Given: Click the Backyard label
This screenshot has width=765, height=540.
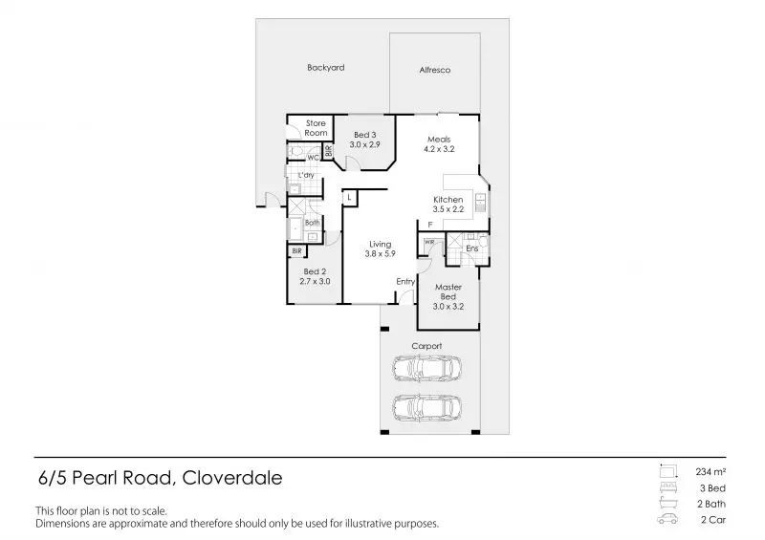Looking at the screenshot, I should point(325,68).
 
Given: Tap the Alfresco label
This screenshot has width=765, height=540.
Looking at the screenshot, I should point(435,71).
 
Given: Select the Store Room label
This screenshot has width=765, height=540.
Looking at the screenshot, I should point(316,128).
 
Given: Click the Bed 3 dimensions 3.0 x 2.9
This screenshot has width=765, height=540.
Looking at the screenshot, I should point(365,144).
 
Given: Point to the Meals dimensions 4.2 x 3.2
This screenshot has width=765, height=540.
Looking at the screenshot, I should point(439,150).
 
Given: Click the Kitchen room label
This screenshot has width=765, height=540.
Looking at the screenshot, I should point(448,200).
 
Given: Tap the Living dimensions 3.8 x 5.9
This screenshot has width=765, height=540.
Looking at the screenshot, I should point(381,254).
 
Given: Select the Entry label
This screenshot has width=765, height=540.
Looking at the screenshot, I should point(405,281).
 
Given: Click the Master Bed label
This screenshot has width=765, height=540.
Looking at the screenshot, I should point(448,292).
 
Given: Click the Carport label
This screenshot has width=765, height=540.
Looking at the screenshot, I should point(426,346).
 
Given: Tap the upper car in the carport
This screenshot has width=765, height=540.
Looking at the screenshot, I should point(427,368).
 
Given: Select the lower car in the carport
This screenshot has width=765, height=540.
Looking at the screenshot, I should point(427,410).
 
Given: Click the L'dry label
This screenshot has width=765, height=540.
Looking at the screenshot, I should point(307,176).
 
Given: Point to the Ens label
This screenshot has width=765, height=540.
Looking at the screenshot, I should point(471,248).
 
